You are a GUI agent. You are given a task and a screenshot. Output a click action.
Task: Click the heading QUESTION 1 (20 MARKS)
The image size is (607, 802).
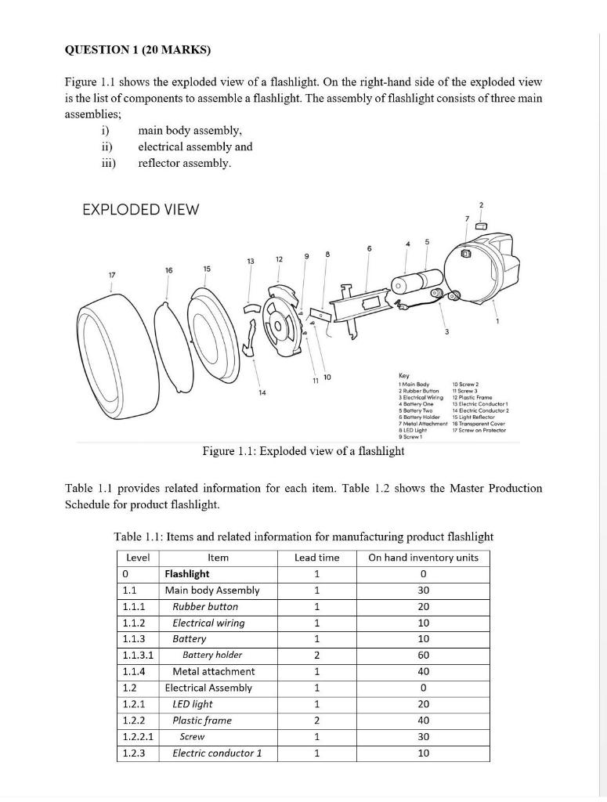138,50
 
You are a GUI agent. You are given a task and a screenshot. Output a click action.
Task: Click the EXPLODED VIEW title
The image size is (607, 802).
141,209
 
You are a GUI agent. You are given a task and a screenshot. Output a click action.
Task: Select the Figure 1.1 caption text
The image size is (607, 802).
303,450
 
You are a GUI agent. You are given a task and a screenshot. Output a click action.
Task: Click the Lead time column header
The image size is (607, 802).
316,558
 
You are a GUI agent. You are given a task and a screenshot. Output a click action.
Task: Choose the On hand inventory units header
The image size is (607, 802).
423,558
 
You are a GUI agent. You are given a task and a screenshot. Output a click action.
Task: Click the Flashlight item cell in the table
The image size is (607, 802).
187,574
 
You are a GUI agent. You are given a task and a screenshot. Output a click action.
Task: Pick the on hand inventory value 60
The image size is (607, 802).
423,655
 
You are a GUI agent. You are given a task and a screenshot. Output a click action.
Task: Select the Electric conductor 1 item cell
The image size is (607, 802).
217,753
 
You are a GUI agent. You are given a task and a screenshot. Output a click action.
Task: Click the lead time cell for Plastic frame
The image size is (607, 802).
316,721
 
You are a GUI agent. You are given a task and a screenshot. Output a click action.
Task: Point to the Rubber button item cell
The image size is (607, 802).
205,607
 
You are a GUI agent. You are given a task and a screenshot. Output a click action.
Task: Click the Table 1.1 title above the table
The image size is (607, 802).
303,536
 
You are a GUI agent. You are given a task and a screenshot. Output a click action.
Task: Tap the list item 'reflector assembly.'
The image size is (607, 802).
185,163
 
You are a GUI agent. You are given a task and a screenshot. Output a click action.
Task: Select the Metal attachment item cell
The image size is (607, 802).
214,671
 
